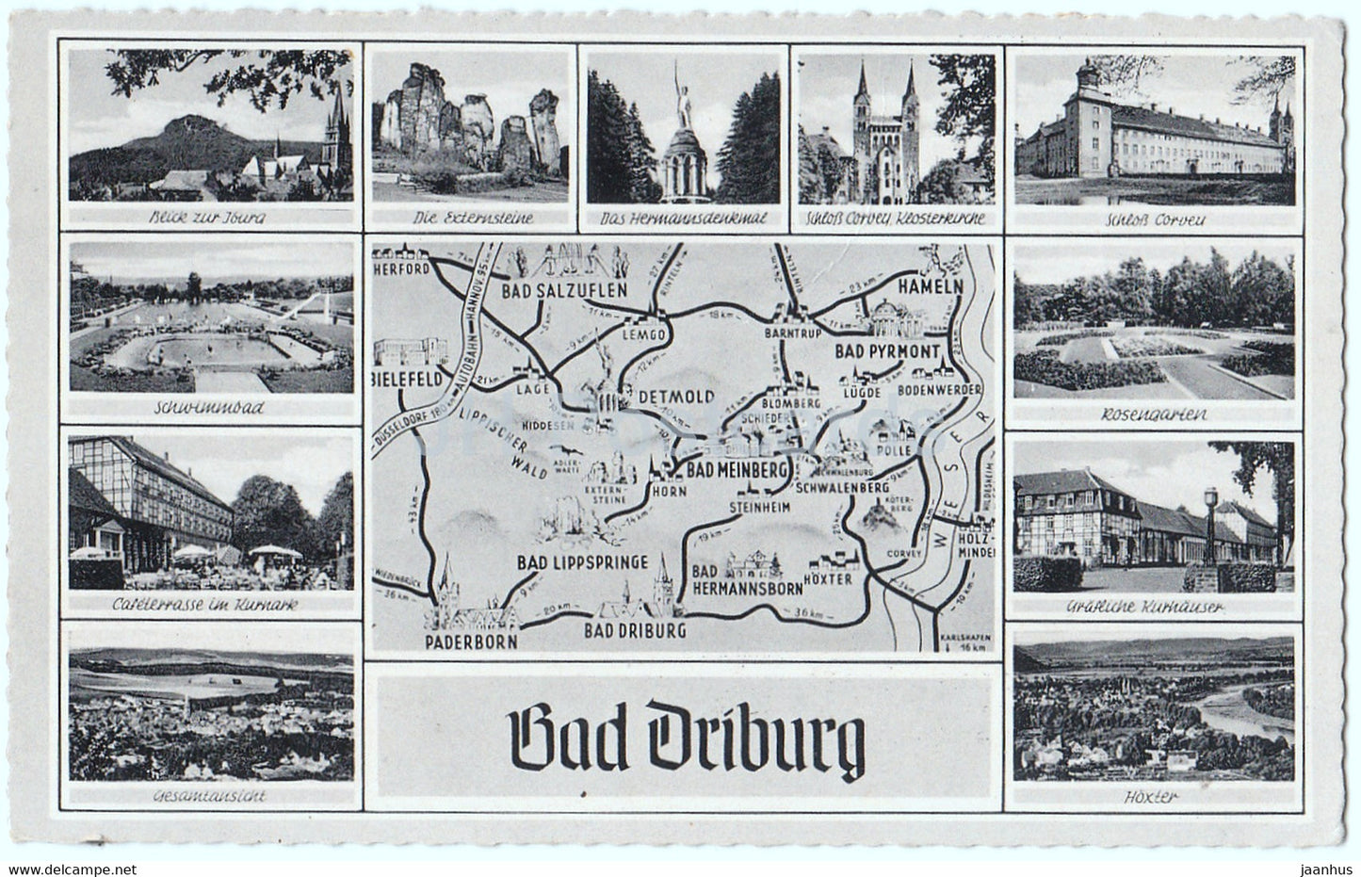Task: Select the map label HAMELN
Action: tap(927, 284)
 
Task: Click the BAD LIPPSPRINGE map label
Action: tap(582, 562)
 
